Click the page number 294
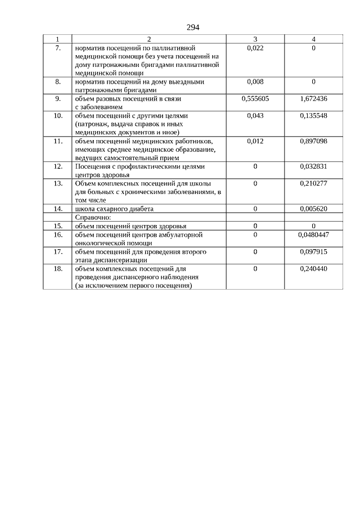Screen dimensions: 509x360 pos(193,28)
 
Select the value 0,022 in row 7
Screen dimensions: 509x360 pos(255,48)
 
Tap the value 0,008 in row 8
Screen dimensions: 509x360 pos(255,82)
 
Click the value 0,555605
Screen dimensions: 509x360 pos(255,98)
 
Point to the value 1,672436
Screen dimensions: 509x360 pos(313,98)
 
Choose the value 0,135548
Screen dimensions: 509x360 pos(313,115)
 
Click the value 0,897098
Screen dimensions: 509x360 pos(313,141)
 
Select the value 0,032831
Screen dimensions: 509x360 pos(313,166)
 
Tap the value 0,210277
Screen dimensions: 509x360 pos(313,183)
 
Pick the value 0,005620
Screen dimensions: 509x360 pos(313,209)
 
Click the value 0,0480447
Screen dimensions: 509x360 pos(313,234)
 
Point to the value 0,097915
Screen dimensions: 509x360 pos(313,251)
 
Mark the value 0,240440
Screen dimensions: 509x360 pos(313,268)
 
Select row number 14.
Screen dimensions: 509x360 pos(57,209)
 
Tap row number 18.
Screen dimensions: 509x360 pos(57,268)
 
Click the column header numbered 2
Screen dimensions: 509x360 pos(148,39)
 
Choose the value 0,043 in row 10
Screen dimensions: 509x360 pos(255,115)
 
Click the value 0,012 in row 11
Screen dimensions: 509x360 pos(255,141)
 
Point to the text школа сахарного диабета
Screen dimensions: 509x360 pos(114,209)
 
